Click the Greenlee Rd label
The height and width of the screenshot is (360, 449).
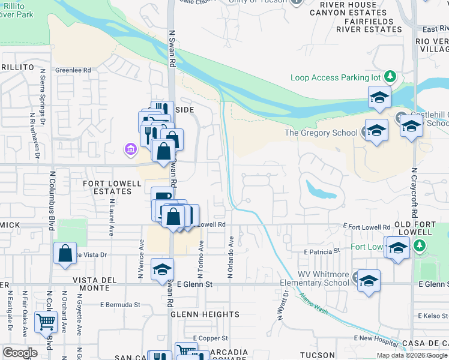73,70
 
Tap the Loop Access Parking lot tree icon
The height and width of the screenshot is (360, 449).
390,77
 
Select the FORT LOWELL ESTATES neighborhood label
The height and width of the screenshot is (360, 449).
107,187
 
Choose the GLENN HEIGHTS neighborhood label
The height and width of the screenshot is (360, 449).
205,314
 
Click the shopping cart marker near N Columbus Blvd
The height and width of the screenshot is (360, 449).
46,322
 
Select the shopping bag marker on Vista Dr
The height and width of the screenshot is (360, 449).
65,253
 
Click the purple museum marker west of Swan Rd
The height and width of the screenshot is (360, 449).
128,148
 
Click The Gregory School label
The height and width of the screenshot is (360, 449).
321,133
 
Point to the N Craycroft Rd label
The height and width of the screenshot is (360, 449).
414,192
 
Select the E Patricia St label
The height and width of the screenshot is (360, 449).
322,251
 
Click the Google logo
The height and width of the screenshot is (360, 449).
20,353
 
